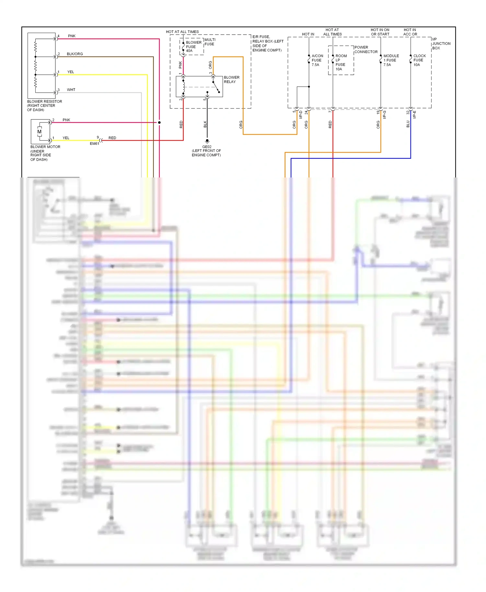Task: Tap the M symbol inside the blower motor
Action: point(39,132)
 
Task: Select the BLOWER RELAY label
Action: point(231,80)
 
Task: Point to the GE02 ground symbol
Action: point(207,141)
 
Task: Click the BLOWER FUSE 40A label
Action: point(193,47)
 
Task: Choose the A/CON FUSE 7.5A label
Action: point(317,60)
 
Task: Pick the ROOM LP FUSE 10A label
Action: point(341,63)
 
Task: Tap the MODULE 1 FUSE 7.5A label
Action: point(391,60)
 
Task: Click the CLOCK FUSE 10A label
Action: point(419,60)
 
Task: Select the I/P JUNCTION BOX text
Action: point(441,43)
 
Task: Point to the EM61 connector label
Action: point(94,143)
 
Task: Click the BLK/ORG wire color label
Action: point(75,54)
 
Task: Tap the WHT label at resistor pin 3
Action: point(71,90)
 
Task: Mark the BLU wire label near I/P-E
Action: point(408,124)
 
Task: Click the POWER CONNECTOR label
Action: point(366,50)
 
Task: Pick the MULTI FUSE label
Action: point(210,42)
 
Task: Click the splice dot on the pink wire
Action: point(159,122)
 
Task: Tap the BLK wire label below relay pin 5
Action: point(205,124)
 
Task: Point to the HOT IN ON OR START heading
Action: point(380,32)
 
